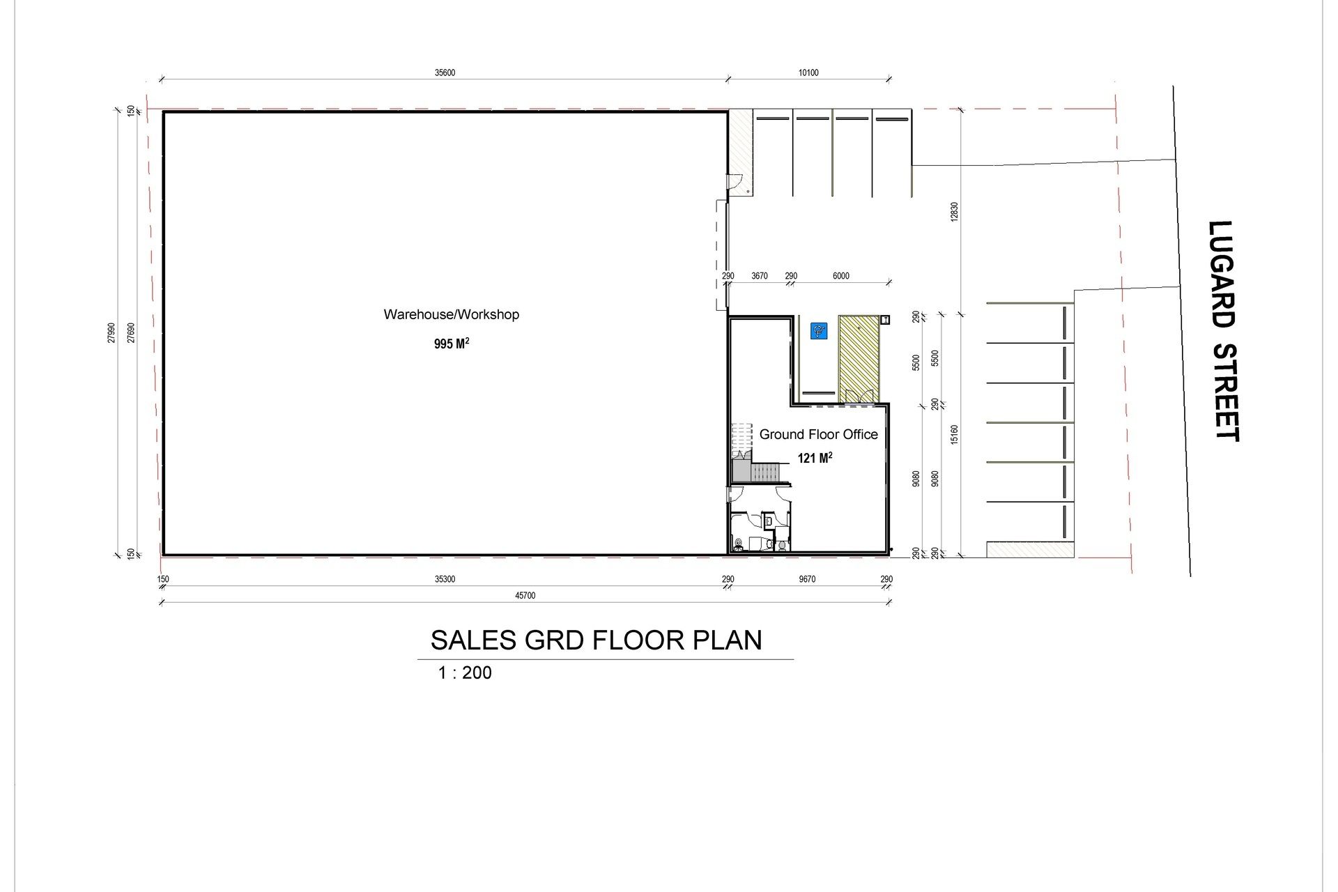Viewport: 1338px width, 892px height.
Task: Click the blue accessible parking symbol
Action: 818,330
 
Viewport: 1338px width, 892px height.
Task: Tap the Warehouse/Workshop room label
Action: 451,314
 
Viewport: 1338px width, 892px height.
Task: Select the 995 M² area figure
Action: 451,344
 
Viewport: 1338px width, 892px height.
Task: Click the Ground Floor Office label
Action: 818,434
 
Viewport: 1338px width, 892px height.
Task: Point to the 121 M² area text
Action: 815,458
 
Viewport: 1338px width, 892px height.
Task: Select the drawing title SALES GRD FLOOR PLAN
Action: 596,640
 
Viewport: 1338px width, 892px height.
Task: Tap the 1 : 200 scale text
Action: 465,672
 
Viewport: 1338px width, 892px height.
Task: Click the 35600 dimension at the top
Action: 445,73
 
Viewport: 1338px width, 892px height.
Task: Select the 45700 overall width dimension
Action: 525,596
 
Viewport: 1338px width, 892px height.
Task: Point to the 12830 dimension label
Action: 954,212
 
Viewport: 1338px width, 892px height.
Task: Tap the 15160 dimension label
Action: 954,436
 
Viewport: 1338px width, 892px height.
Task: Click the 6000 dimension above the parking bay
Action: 841,276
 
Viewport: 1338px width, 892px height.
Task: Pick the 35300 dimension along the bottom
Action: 445,579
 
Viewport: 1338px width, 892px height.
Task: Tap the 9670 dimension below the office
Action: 807,579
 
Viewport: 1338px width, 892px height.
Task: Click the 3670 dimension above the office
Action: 760,276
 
